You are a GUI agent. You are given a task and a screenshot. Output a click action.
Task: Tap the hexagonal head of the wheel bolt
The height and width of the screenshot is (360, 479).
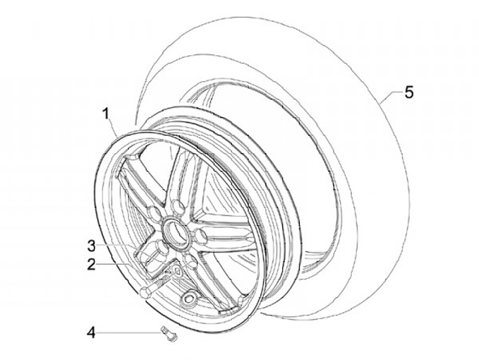[x=145, y=291]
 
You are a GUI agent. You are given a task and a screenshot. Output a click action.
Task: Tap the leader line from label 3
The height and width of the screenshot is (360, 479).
[x=120, y=245]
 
